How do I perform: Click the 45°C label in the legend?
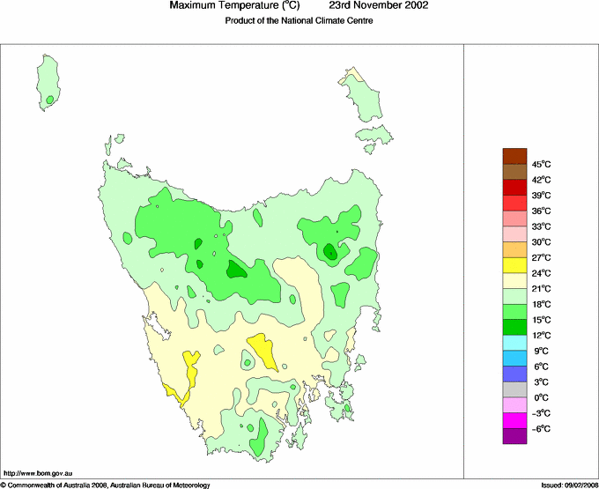(541, 164)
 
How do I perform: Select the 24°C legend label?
(541, 273)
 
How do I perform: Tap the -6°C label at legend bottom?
(541, 428)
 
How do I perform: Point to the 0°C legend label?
(541, 397)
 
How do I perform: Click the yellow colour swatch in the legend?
(514, 265)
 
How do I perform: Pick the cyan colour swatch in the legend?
(514, 343)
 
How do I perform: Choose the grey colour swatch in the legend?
(514, 389)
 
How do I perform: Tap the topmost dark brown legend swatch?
(514, 156)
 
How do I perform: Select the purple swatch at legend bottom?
(514, 435)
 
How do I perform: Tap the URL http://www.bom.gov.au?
(37, 473)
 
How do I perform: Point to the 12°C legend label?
(541, 336)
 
